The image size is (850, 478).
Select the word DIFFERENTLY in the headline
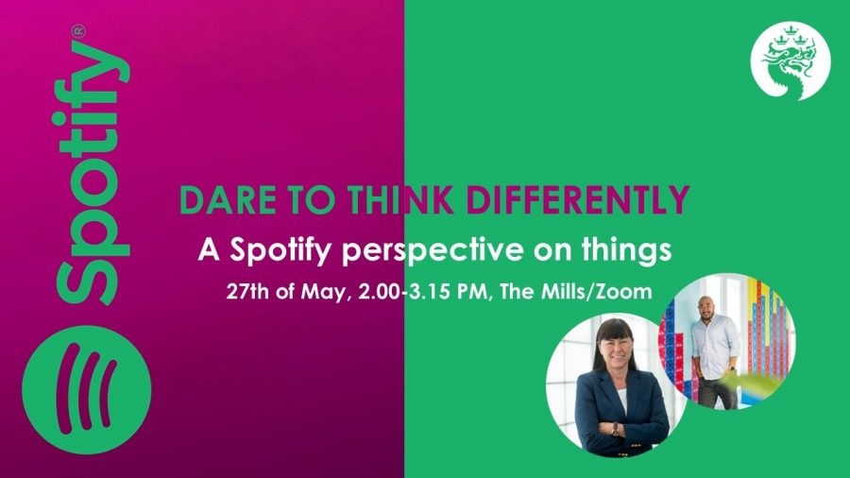578,200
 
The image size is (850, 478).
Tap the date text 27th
247,292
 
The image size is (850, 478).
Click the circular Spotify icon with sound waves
87,389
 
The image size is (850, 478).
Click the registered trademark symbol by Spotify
79,31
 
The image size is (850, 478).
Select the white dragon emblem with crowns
790,61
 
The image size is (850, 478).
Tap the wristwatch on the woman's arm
615,429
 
